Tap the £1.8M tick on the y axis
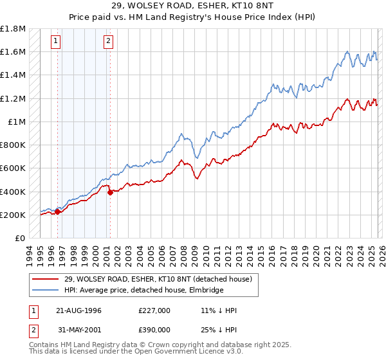coord(13,29)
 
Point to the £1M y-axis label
coord(16,122)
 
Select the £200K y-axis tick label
coord(13,215)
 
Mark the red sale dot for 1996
coord(58,212)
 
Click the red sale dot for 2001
coord(110,192)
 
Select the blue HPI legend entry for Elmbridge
coord(142,290)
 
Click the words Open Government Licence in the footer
coord(173,353)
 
